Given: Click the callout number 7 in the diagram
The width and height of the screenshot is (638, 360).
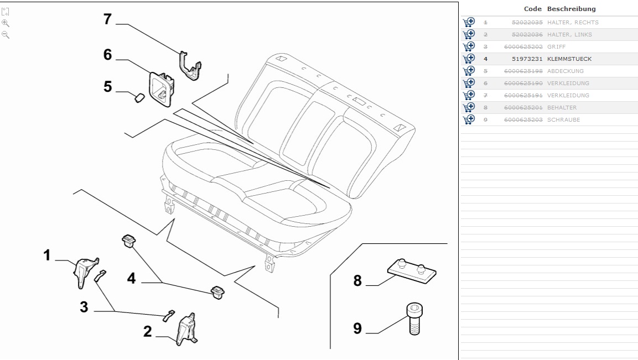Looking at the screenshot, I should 107,19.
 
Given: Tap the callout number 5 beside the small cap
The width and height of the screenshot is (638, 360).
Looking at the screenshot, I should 107,87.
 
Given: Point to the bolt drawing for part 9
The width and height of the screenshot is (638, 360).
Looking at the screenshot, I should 415,319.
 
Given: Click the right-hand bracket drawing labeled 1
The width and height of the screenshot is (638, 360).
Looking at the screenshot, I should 86,271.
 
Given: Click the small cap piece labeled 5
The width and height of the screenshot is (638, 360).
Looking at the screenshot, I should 138,98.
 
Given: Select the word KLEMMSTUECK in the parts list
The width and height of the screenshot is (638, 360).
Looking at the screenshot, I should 569,59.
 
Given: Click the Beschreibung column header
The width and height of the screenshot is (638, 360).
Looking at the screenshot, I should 571,9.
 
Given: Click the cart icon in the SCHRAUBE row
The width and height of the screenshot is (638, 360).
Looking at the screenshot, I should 469,119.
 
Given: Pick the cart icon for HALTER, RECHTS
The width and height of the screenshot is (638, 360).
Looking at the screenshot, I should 469,22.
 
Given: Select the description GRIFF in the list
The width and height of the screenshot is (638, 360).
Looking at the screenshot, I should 556,47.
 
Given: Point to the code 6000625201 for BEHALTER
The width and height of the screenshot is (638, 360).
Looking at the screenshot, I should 523,108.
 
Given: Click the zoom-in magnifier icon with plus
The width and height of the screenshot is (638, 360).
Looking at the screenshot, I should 6,23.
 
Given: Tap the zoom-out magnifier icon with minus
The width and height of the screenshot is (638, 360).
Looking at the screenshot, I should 6,35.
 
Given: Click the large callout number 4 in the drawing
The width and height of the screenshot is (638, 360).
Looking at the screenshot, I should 131,278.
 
